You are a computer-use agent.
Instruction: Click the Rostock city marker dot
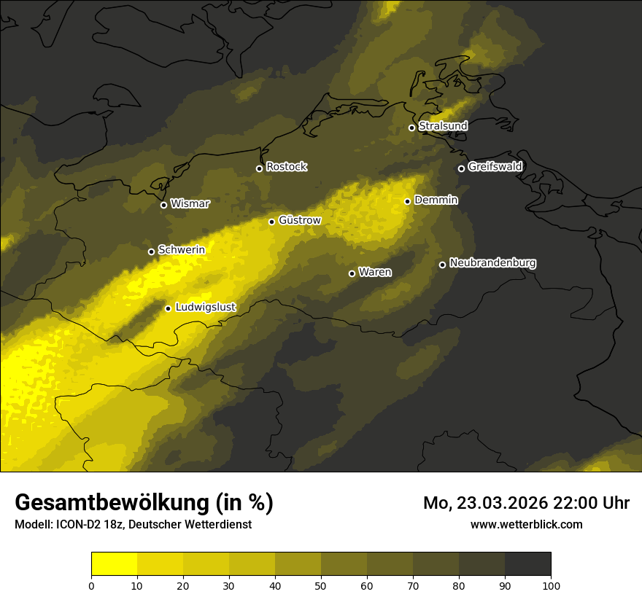tap(259, 168)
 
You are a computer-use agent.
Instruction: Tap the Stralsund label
tap(443, 126)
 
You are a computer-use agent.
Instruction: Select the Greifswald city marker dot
tap(461, 168)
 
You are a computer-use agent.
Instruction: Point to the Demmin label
tap(436, 200)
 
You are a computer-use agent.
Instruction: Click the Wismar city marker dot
tap(163, 205)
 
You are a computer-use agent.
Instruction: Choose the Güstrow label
tap(299, 220)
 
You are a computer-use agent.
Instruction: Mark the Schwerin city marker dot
tap(151, 251)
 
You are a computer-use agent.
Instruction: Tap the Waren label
tap(375, 273)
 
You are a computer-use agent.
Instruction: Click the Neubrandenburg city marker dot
tap(442, 265)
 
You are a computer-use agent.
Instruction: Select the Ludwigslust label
tap(205, 308)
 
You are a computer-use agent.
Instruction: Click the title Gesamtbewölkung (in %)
tap(144, 503)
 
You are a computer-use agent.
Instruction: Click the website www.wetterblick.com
tap(527, 524)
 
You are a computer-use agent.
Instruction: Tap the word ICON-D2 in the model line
tap(77, 524)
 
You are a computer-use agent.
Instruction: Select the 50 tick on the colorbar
tap(321, 585)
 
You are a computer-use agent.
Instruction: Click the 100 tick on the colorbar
tap(551, 585)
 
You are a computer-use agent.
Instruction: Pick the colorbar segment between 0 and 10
tap(115, 564)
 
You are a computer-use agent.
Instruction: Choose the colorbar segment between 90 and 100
tap(527, 564)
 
